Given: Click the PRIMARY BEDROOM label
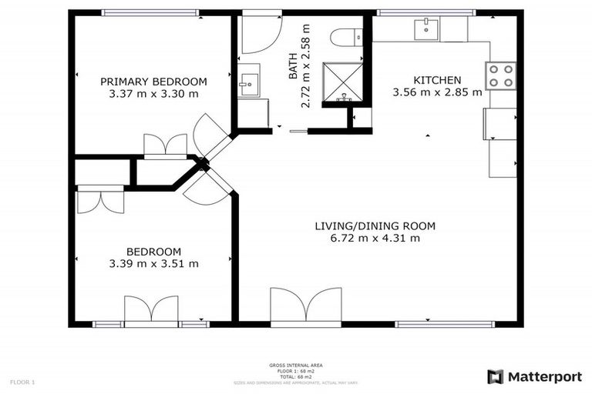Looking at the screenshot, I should pyautogui.click(x=153, y=82).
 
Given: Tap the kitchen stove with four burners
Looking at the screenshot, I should pyautogui.click(x=499, y=75).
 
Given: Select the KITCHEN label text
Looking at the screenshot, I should pyautogui.click(x=437, y=80).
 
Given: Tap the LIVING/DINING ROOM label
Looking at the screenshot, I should pyautogui.click(x=375, y=226).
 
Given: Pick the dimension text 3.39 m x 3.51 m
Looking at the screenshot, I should pyautogui.click(x=153, y=264).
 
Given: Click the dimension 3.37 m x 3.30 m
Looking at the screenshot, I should pyautogui.click(x=153, y=94).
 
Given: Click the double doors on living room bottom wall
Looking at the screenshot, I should pyautogui.click(x=306, y=306).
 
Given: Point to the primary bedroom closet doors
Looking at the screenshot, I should pyautogui.click(x=166, y=145).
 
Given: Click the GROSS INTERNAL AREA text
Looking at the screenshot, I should pyautogui.click(x=295, y=366).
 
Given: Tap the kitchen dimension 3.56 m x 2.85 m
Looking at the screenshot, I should pyautogui.click(x=437, y=92).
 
